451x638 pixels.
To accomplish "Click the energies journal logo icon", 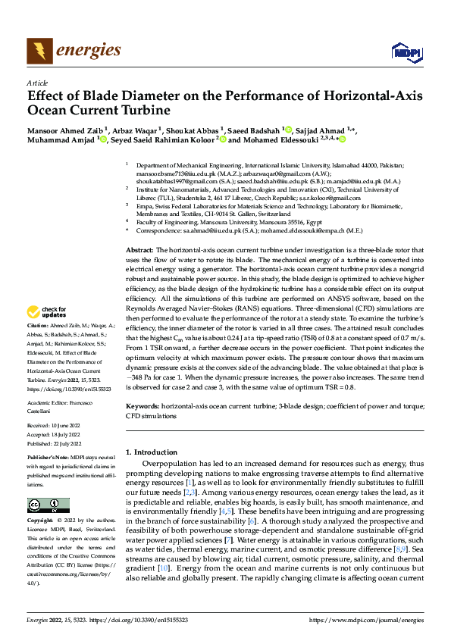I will [38, 51].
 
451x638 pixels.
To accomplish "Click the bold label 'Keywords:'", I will [143, 407].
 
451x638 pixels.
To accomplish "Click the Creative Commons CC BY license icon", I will [48, 505].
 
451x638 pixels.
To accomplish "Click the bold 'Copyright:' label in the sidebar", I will [40, 522].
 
